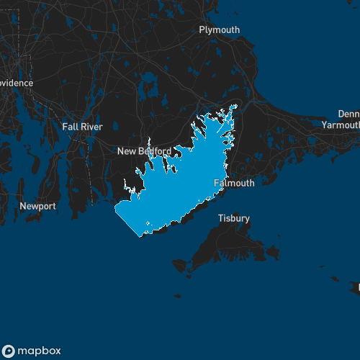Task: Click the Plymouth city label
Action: pyautogui.click(x=220, y=30)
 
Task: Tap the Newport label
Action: pyautogui.click(x=37, y=206)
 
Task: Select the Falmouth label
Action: pyautogui.click(x=235, y=183)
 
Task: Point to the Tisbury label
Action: pyautogui.click(x=234, y=218)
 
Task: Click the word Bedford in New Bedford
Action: pyautogui.click(x=155, y=151)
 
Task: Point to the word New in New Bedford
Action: pyautogui.click(x=127, y=151)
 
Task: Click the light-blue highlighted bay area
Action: pyautogui.click(x=180, y=187)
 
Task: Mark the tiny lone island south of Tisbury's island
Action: pyautogui.click(x=176, y=295)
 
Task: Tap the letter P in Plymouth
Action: pyautogui.click(x=202, y=30)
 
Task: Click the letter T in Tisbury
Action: pyautogui.click(x=221, y=218)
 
